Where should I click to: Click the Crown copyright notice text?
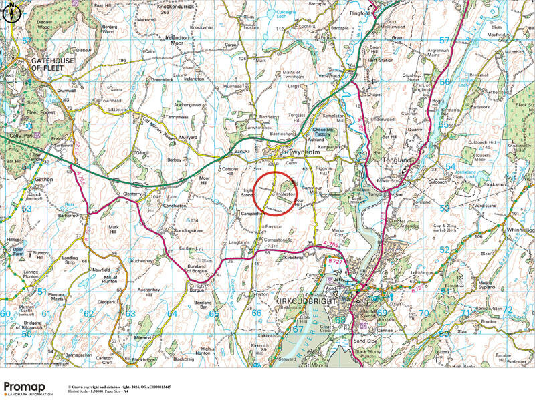click(119, 387)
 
